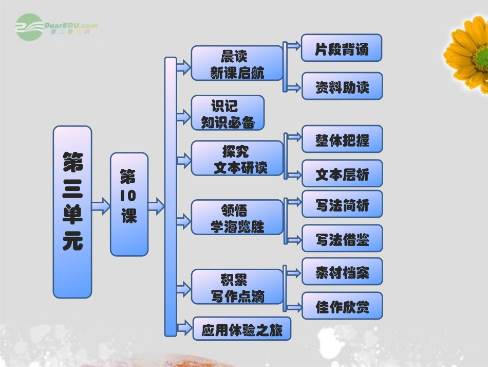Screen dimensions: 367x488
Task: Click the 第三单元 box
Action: point(72,212)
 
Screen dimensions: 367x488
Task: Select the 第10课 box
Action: point(129,204)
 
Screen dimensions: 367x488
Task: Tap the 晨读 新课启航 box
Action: point(237,63)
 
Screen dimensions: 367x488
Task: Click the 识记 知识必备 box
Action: point(228,113)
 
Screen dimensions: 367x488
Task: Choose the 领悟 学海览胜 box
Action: point(237,217)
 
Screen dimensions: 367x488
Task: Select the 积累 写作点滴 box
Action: point(237,287)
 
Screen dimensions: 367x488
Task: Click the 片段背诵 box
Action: point(342,48)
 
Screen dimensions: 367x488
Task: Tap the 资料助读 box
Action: point(342,86)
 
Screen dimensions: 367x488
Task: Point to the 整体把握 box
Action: point(342,139)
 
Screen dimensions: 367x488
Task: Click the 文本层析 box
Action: point(342,173)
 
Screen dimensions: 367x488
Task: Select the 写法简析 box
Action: point(342,204)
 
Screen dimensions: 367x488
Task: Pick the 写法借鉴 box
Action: point(342,238)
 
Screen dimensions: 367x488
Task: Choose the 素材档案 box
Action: point(342,271)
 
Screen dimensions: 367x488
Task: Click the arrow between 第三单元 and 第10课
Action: point(101,207)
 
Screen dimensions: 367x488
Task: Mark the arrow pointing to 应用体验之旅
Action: point(183,326)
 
